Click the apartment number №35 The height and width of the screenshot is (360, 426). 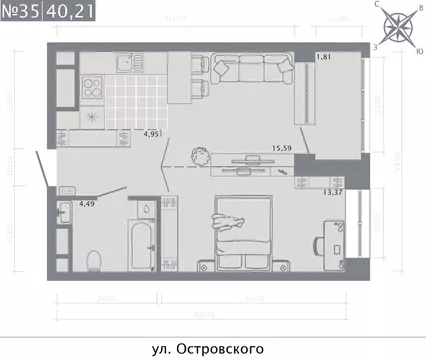[21, 13]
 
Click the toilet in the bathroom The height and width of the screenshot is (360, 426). [93, 260]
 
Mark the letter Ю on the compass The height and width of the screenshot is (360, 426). [417, 44]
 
